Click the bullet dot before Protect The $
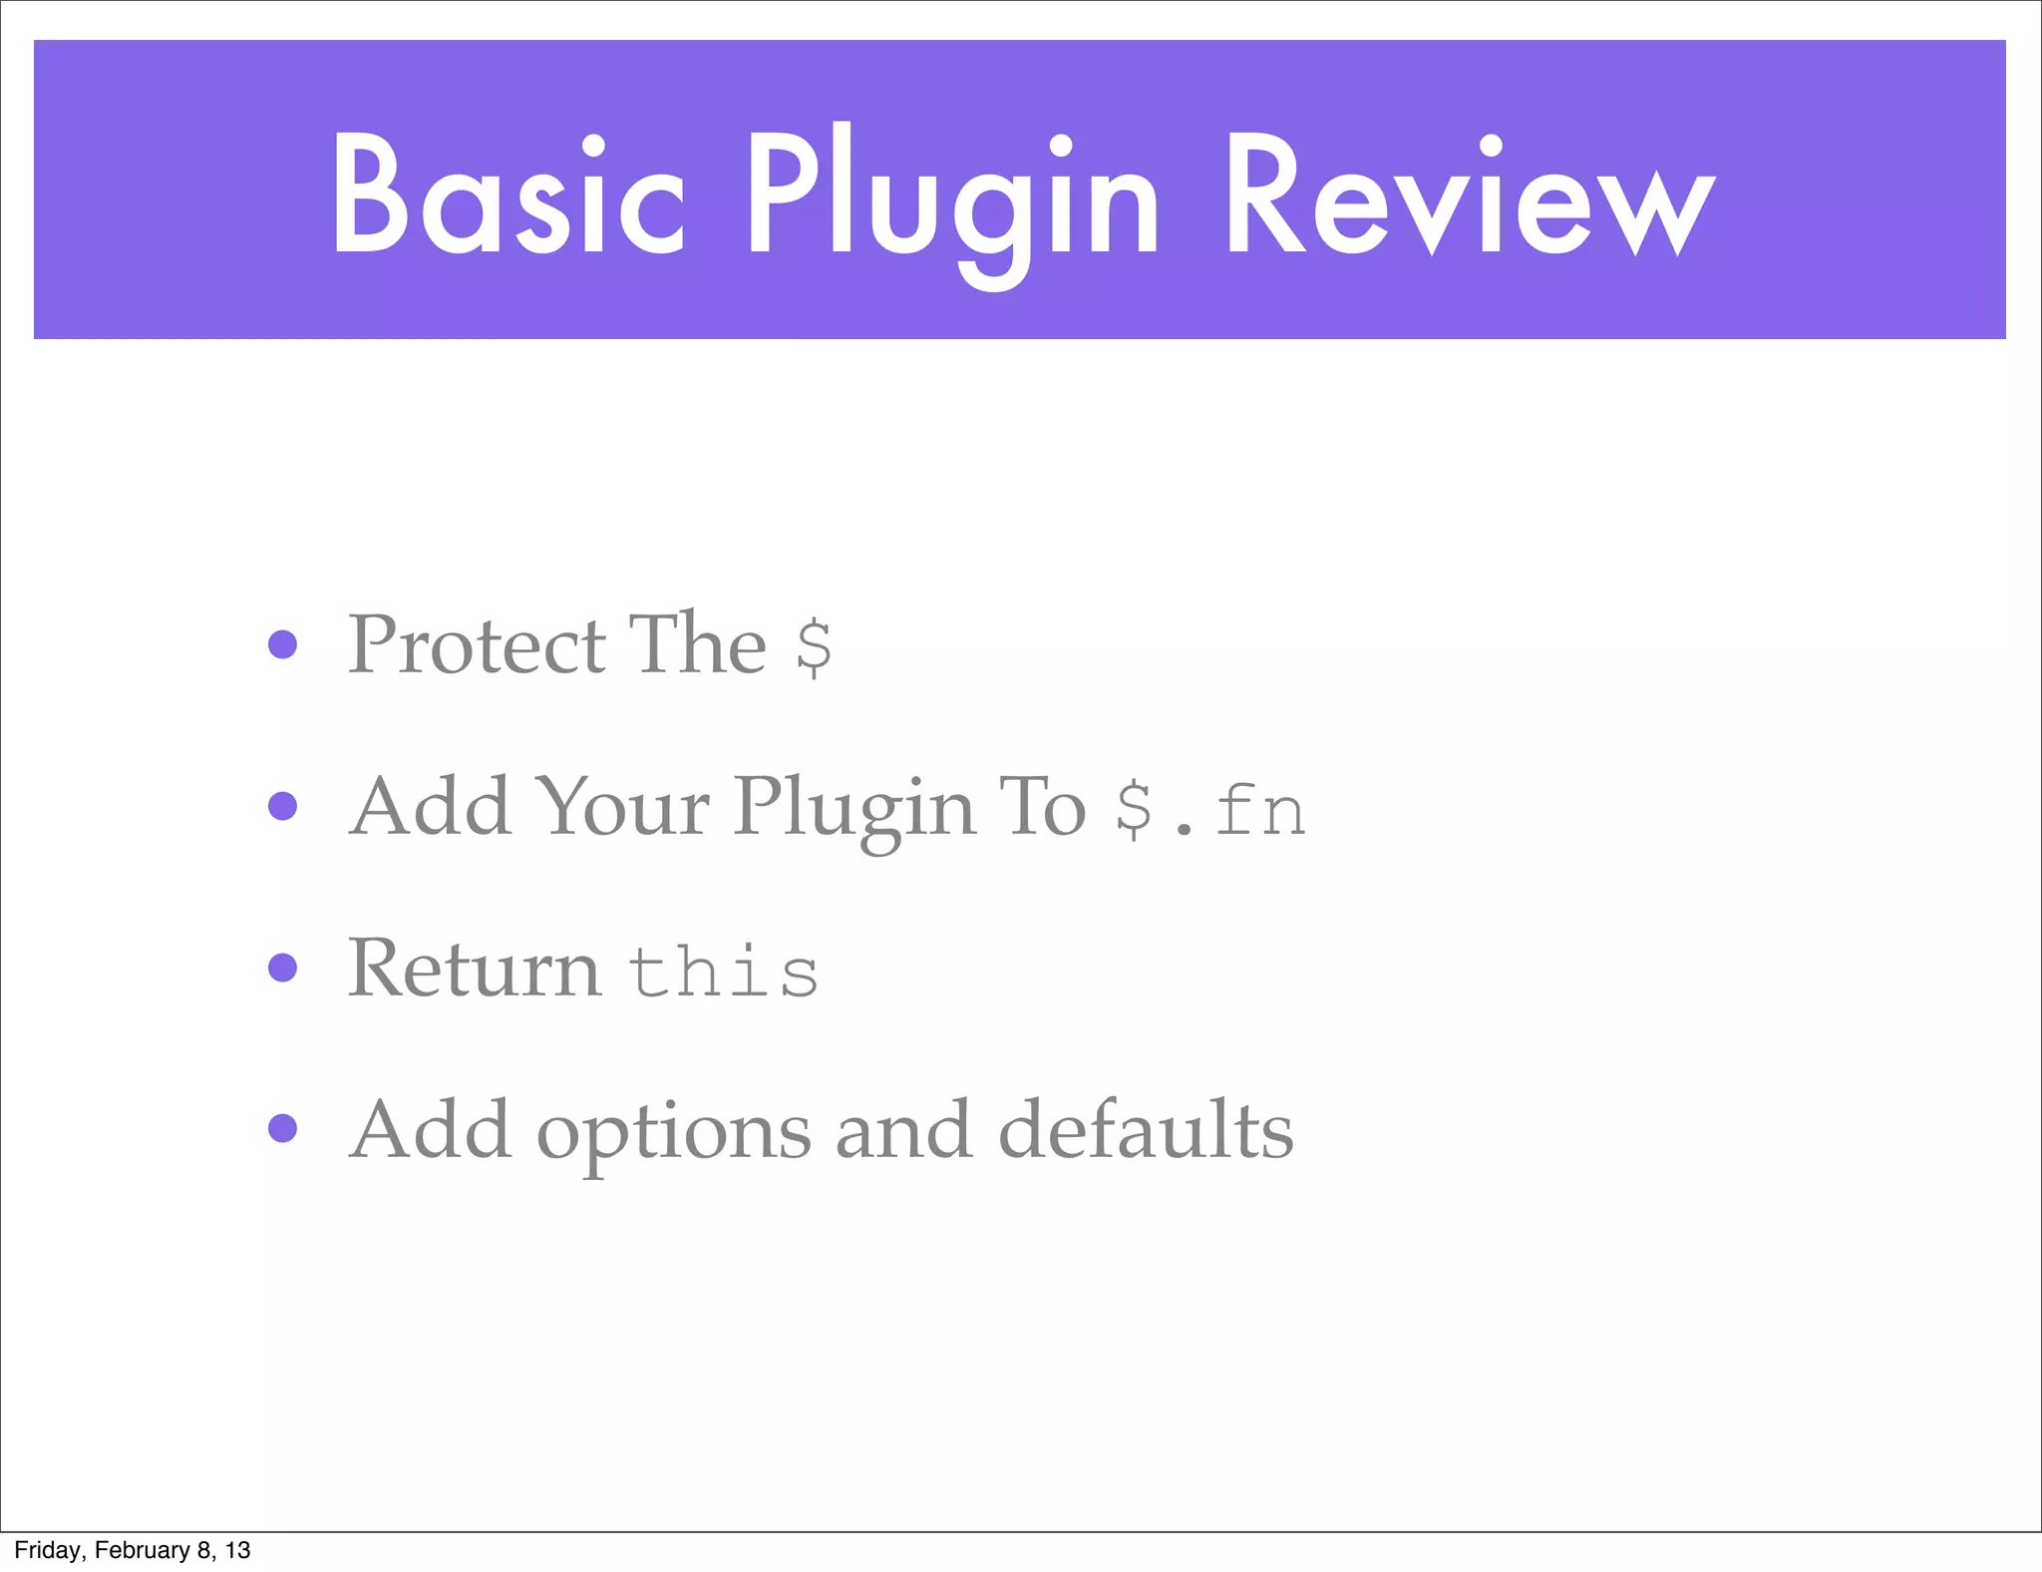click(x=283, y=644)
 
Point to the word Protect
click(x=477, y=645)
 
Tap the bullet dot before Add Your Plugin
click(x=283, y=806)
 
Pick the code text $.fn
click(x=1209, y=810)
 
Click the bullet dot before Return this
click(x=283, y=968)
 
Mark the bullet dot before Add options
click(x=283, y=1128)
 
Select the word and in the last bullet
click(x=903, y=1131)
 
